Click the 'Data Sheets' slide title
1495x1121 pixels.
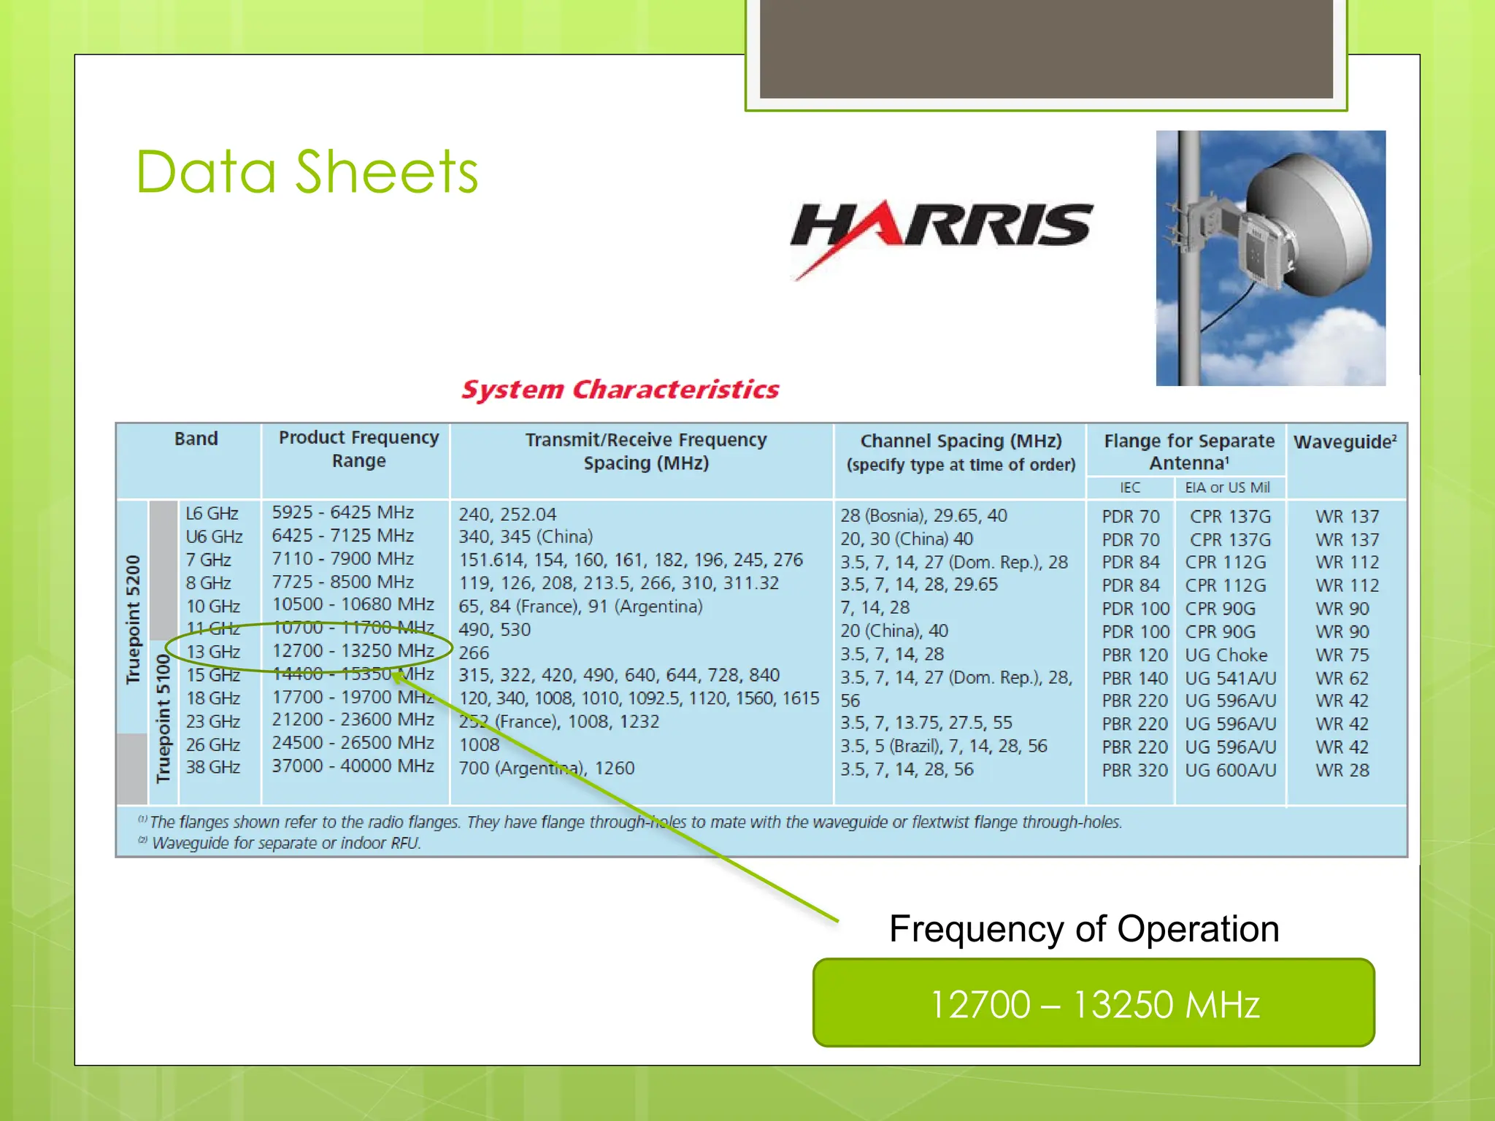click(x=307, y=172)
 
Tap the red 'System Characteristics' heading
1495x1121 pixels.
click(x=620, y=390)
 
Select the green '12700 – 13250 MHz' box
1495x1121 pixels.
click(x=1093, y=1003)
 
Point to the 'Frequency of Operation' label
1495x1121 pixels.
click(x=1083, y=929)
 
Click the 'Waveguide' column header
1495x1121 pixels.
click(x=1345, y=442)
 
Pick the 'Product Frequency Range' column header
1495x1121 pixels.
click(x=358, y=449)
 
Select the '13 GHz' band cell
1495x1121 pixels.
click(x=213, y=651)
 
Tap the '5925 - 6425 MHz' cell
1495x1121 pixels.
click(x=342, y=512)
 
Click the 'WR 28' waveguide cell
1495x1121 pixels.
click(x=1342, y=770)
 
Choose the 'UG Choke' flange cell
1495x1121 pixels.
click(x=1226, y=655)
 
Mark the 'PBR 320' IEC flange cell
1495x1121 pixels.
click(x=1134, y=770)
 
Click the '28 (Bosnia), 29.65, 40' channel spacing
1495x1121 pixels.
click(x=923, y=515)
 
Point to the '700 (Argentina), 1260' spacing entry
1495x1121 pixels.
click(x=546, y=768)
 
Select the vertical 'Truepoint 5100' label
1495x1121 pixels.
click(x=163, y=718)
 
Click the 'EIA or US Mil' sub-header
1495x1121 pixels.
click(x=1226, y=488)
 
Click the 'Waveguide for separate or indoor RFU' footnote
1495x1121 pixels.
click(x=285, y=843)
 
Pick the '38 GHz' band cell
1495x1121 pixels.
click(x=213, y=767)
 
